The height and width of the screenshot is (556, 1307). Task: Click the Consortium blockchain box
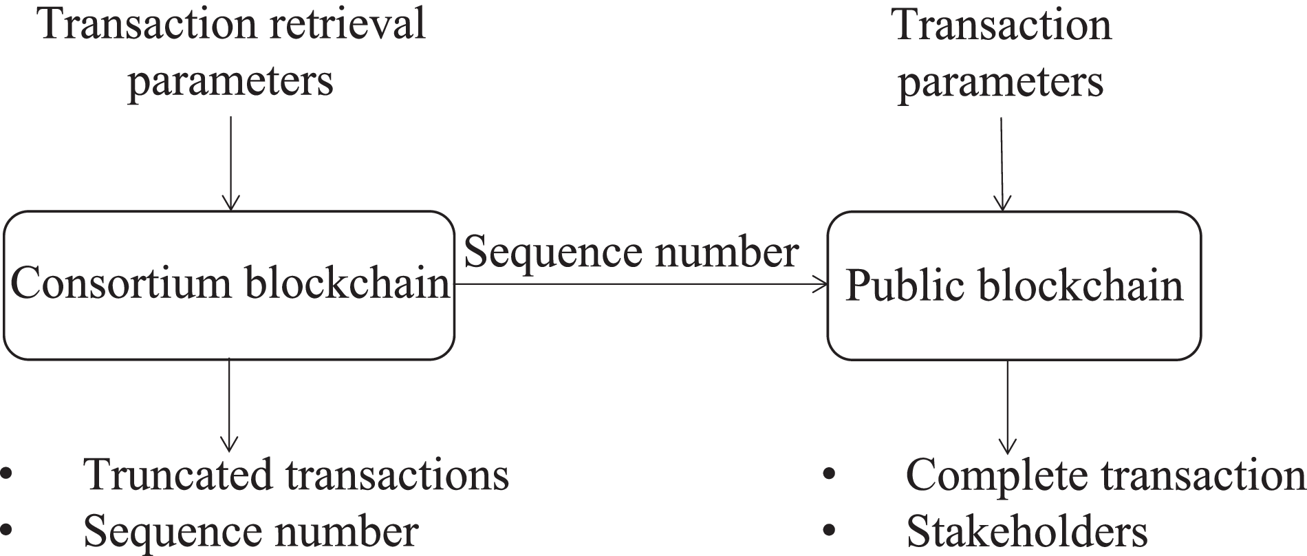click(x=229, y=323)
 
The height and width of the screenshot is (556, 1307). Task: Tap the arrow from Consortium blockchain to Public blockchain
click(x=640, y=284)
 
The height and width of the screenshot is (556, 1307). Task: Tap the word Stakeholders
click(x=1027, y=532)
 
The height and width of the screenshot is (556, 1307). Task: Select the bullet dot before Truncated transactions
click(x=7, y=475)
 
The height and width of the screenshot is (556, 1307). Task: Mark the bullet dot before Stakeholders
click(x=829, y=531)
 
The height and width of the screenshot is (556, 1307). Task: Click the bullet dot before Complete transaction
click(x=829, y=475)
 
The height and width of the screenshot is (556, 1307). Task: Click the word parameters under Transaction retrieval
click(x=230, y=81)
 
